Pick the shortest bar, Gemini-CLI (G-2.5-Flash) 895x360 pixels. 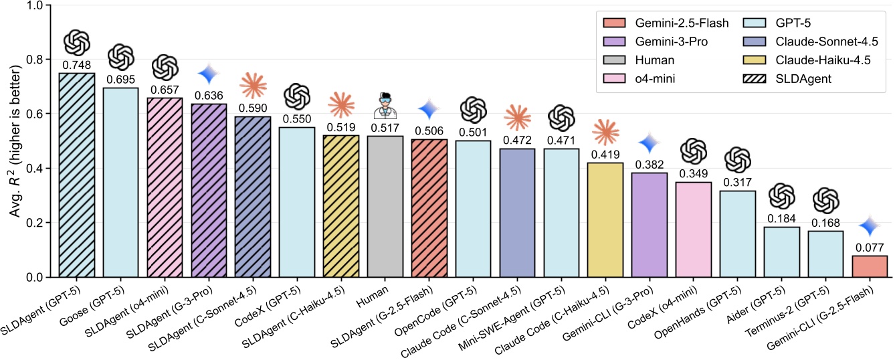[x=870, y=266]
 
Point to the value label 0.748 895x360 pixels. [x=76, y=66]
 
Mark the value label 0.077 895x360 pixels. [x=870, y=248]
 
